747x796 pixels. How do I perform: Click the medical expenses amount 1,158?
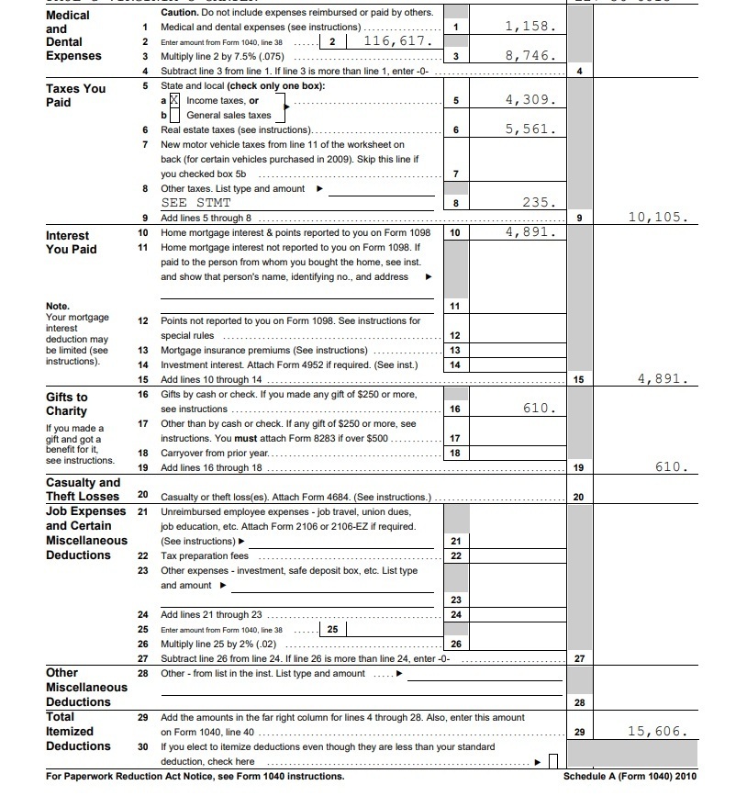click(530, 28)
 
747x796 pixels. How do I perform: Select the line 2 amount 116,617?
click(396, 41)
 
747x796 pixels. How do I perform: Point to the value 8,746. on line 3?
click(530, 56)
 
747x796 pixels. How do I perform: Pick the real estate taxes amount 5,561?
click(530, 129)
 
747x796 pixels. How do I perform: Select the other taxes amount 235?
click(539, 203)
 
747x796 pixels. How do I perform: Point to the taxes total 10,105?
click(657, 218)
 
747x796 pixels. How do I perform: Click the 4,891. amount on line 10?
click(530, 232)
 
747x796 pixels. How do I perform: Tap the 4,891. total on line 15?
click(661, 378)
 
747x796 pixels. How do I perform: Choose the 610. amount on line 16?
click(539, 409)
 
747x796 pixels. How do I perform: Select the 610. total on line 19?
click(670, 467)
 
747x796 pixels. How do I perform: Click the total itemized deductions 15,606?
click(657, 732)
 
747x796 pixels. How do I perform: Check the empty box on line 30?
click(553, 761)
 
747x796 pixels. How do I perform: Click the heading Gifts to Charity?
click(67, 404)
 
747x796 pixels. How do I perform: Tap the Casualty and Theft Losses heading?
click(83, 489)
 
